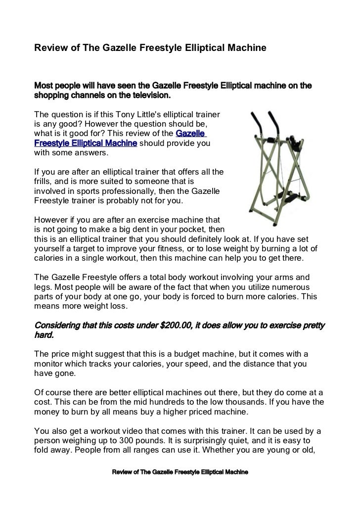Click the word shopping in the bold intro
[x=51, y=94]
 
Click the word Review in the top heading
[x=47, y=48]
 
